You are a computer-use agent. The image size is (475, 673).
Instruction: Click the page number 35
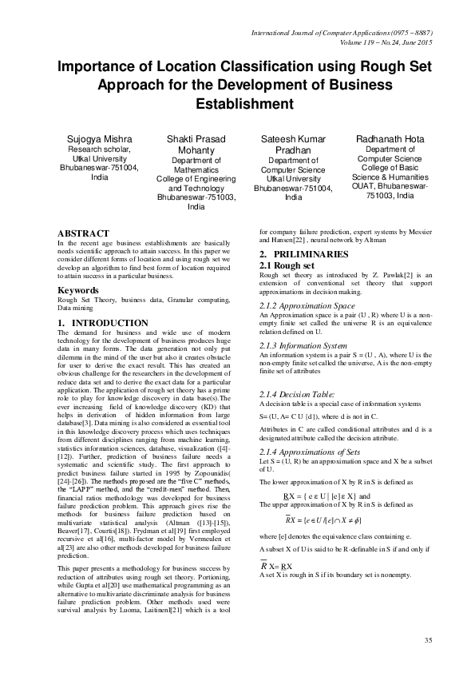click(x=427, y=640)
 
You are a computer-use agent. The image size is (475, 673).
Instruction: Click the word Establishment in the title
click(x=236, y=104)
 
